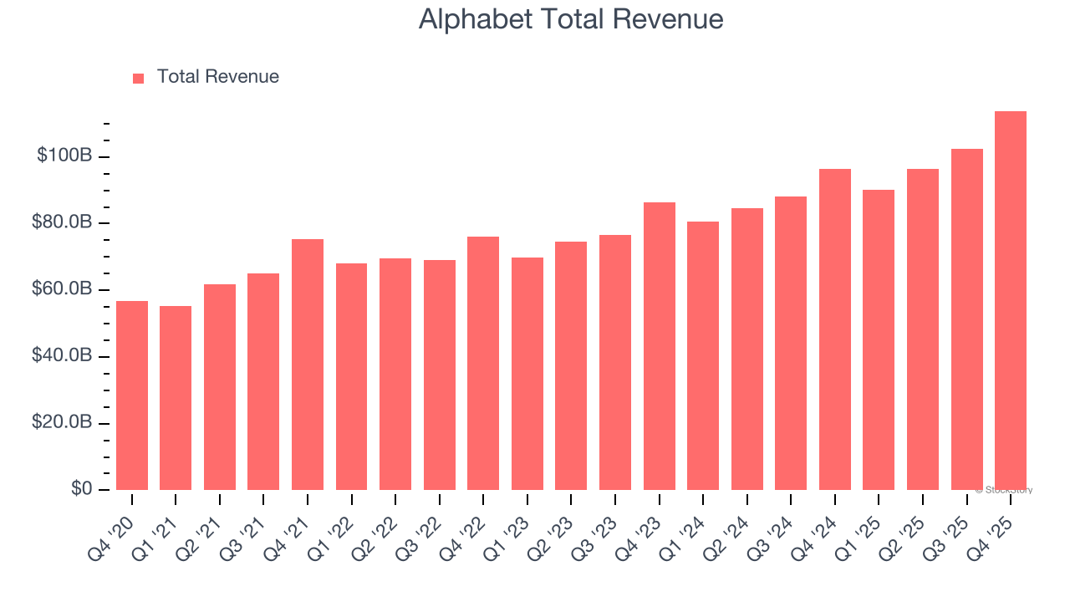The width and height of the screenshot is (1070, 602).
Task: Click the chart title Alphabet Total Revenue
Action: tap(571, 19)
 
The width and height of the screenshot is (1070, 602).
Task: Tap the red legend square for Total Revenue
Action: tap(139, 78)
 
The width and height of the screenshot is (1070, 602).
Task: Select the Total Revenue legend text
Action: tap(217, 77)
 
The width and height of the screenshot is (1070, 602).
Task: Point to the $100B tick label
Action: tap(64, 156)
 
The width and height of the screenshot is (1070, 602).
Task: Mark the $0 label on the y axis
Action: tap(82, 488)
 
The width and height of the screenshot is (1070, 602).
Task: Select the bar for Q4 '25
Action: tap(1010, 301)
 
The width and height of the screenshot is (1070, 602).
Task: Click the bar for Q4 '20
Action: tap(132, 395)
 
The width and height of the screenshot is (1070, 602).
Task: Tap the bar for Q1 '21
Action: tap(176, 398)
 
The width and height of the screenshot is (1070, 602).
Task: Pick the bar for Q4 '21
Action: tap(308, 365)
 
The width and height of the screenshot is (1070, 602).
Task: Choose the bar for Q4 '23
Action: tap(659, 346)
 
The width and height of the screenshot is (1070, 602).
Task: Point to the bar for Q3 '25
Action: tap(966, 319)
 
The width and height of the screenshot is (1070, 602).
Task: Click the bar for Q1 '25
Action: tap(879, 339)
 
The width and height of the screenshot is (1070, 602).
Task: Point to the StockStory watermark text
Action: tap(1004, 490)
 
